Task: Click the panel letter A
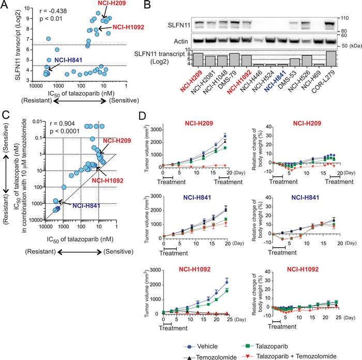(6, 6)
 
